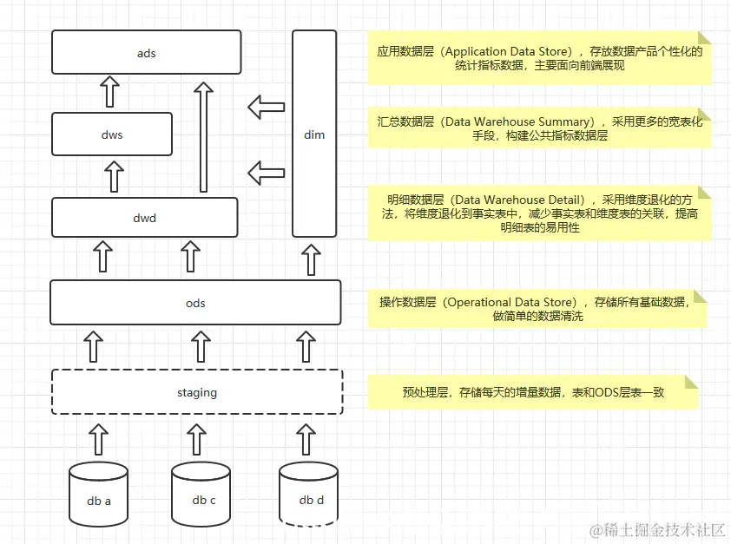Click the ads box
[146, 52]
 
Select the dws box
[111, 134]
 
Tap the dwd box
[144, 217]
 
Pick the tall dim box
[314, 134]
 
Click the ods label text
[196, 303]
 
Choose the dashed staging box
[196, 392]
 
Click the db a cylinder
[98, 495]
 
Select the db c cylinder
[201, 495]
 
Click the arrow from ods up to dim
[311, 259]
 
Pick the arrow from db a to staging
[98, 439]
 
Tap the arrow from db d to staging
[305, 439]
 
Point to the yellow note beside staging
[533, 392]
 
